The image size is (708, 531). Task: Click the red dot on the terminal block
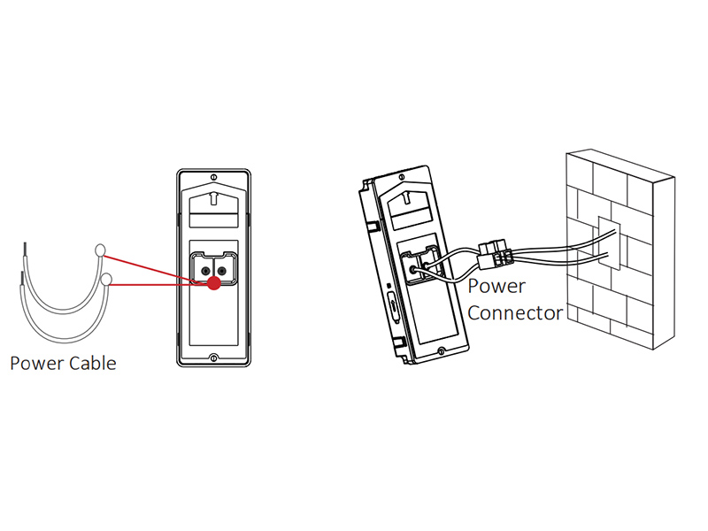pyautogui.click(x=213, y=283)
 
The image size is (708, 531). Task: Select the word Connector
pyautogui.click(x=515, y=312)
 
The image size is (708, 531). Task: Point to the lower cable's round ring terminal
pyautogui.click(x=107, y=280)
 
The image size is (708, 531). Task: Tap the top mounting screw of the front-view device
pyautogui.click(x=213, y=174)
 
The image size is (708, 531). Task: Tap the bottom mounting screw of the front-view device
pyautogui.click(x=213, y=358)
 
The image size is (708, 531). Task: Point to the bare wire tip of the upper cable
pyautogui.click(x=23, y=249)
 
